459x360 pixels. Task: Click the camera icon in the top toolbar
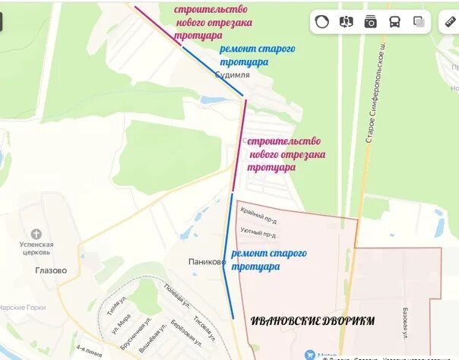370,22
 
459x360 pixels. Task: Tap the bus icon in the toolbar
394,22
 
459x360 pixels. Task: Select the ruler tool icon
449,22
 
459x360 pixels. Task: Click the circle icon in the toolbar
322,22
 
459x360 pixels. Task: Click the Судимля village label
232,76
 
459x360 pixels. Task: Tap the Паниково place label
207,262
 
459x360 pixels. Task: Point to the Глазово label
50,270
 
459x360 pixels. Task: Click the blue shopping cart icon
309,355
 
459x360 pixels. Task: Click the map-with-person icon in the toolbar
346,22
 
